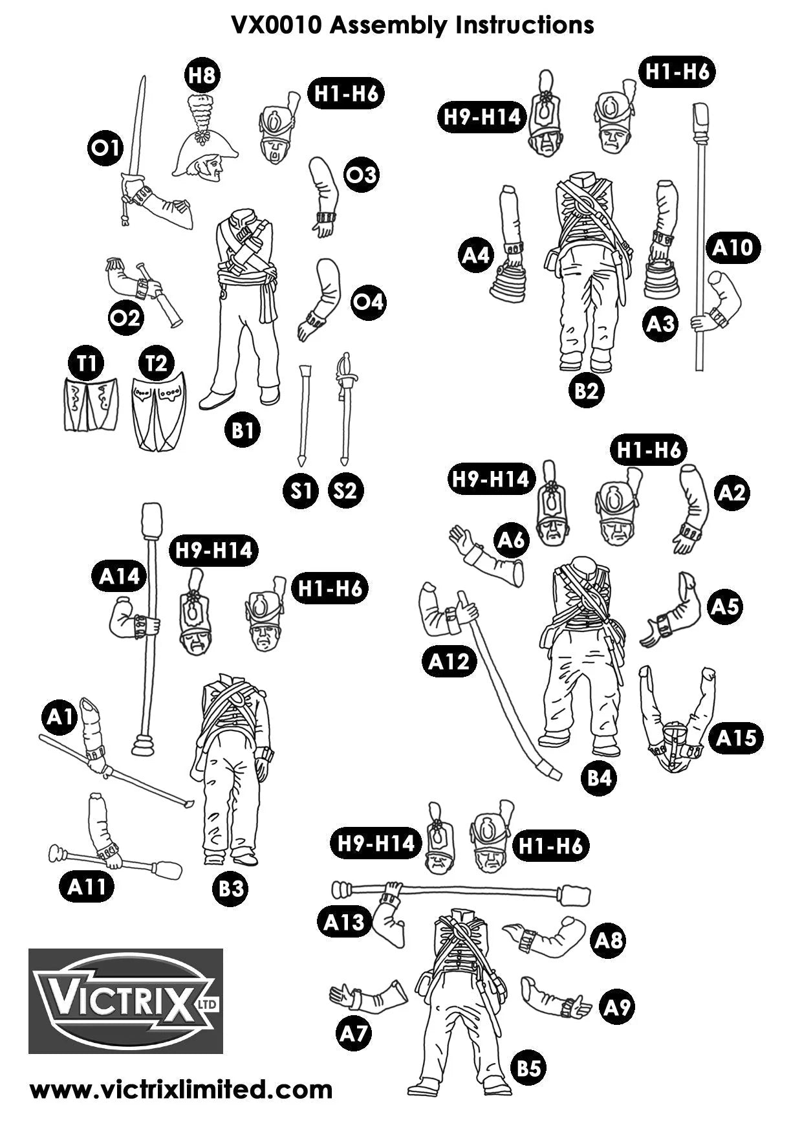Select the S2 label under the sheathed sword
[x=345, y=490]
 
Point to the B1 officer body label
[x=243, y=430]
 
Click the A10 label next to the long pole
[x=733, y=248]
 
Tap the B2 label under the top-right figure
[x=586, y=390]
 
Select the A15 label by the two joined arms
[x=736, y=738]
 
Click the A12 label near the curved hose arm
[x=450, y=662]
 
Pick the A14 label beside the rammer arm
[x=120, y=576]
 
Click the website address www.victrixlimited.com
[x=181, y=1090]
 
